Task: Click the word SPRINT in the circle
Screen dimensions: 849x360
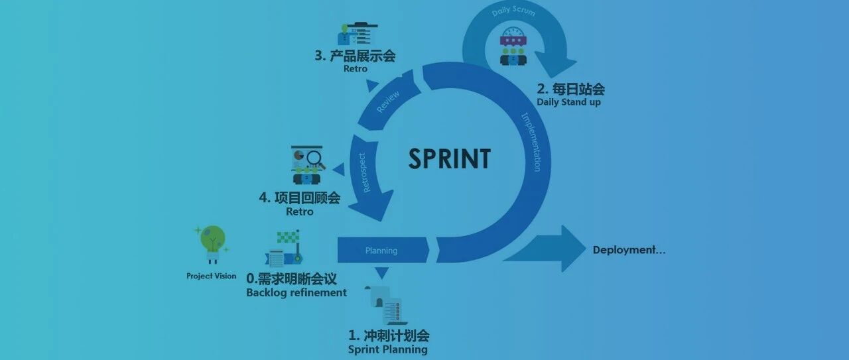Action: point(450,159)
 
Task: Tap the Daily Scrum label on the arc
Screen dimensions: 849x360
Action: point(513,12)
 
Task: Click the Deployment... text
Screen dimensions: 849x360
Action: point(629,250)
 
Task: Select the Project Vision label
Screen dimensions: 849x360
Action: point(211,276)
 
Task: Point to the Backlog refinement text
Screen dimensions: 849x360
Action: point(296,292)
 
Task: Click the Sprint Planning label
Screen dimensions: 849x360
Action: point(387,349)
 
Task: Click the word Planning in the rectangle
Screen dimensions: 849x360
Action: point(381,251)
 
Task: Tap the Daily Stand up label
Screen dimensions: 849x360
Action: point(568,102)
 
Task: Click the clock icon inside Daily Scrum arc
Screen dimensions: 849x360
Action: point(512,33)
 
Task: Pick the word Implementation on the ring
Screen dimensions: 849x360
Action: point(531,141)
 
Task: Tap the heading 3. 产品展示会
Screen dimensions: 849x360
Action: point(355,56)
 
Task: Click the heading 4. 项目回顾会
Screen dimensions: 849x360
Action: point(299,198)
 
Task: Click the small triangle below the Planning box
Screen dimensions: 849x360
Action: point(381,272)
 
